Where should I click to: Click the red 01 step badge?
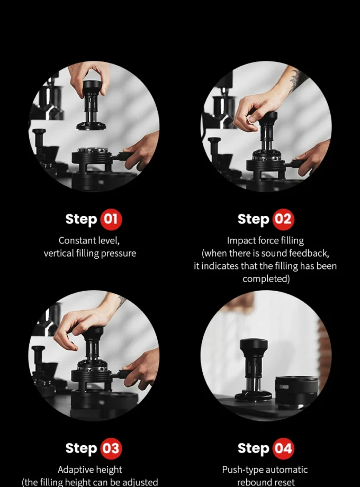tap(110, 219)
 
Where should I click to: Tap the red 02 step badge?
tap(283, 219)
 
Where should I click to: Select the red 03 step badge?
tap(110, 449)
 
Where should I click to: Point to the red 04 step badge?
tap(283, 449)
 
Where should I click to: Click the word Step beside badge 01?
tap(81, 219)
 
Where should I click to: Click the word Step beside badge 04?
tap(254, 449)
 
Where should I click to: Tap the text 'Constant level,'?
tap(89, 240)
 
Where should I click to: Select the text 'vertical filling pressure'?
tap(89, 254)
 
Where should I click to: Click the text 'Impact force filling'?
tap(265, 240)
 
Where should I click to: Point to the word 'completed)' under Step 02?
tap(266, 279)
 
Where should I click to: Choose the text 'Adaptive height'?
tap(89, 470)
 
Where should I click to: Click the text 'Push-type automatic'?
tap(265, 470)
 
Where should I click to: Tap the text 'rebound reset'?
tap(265, 482)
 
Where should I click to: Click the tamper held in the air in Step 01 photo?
tap(92, 106)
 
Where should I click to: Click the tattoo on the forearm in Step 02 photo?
tap(297, 79)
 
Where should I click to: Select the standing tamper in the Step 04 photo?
tap(253, 371)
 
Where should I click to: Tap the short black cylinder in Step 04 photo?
tap(296, 392)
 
